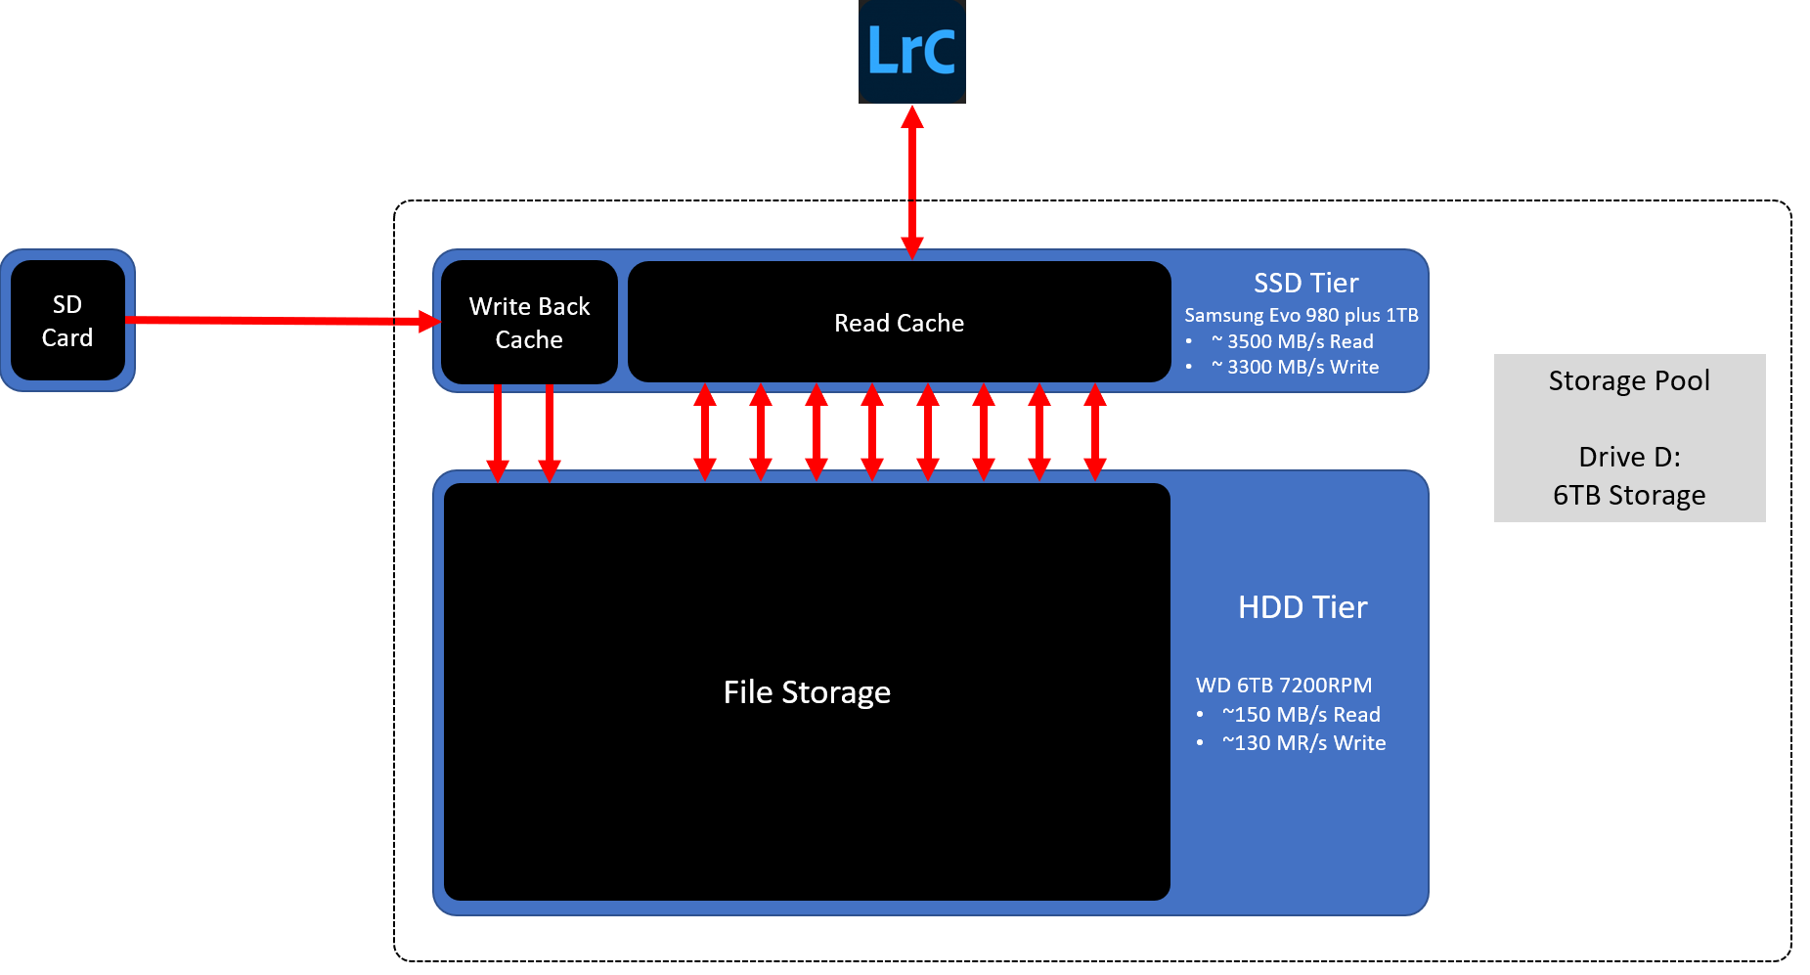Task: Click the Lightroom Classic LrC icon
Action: coord(911,51)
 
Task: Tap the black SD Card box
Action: coord(67,321)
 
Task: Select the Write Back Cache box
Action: coord(529,323)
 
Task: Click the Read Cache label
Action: coord(899,323)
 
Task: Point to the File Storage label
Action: coord(807,692)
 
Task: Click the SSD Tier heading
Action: coord(1305,283)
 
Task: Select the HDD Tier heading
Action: coord(1302,607)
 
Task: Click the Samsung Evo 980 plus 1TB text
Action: coord(1301,315)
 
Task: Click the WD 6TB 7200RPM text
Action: coord(1283,686)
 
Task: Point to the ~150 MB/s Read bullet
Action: coord(1301,715)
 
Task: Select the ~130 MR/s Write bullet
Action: coord(1303,743)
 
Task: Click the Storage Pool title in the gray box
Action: coord(1629,380)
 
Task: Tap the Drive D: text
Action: coord(1629,457)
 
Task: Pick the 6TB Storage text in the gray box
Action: coord(1629,496)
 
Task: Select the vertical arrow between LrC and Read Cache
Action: coord(912,181)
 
